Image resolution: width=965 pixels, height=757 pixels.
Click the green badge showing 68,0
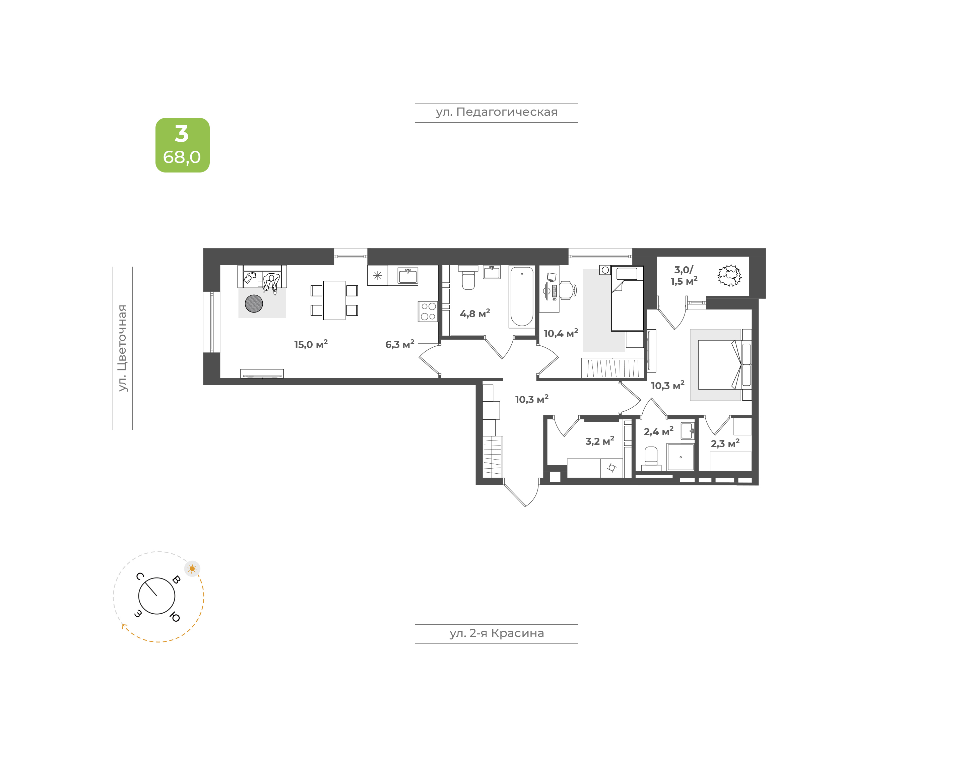click(x=182, y=145)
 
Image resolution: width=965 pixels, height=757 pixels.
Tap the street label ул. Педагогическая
click(x=497, y=112)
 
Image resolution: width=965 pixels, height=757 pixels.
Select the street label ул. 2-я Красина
click(x=497, y=633)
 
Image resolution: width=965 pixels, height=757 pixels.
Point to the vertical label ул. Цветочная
click(x=122, y=348)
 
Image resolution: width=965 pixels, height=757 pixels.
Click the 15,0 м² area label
click(x=311, y=344)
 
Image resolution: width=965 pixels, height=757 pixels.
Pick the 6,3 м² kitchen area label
click(x=399, y=344)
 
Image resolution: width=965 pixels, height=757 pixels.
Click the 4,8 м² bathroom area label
click(x=475, y=313)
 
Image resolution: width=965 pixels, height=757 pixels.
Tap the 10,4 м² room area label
click(x=561, y=333)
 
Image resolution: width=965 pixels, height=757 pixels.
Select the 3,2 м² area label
click(x=600, y=441)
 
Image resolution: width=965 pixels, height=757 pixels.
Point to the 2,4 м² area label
click(x=658, y=431)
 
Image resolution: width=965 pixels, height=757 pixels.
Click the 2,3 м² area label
click(x=725, y=443)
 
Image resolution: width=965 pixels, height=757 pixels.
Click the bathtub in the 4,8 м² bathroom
click(x=522, y=296)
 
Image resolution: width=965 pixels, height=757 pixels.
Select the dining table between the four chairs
click(x=334, y=300)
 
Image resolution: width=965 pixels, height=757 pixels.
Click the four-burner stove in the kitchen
click(x=428, y=311)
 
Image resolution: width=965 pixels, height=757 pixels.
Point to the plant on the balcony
click(x=729, y=275)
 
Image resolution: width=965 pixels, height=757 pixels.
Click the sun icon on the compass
click(x=192, y=569)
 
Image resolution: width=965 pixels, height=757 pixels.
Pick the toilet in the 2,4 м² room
click(x=651, y=458)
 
